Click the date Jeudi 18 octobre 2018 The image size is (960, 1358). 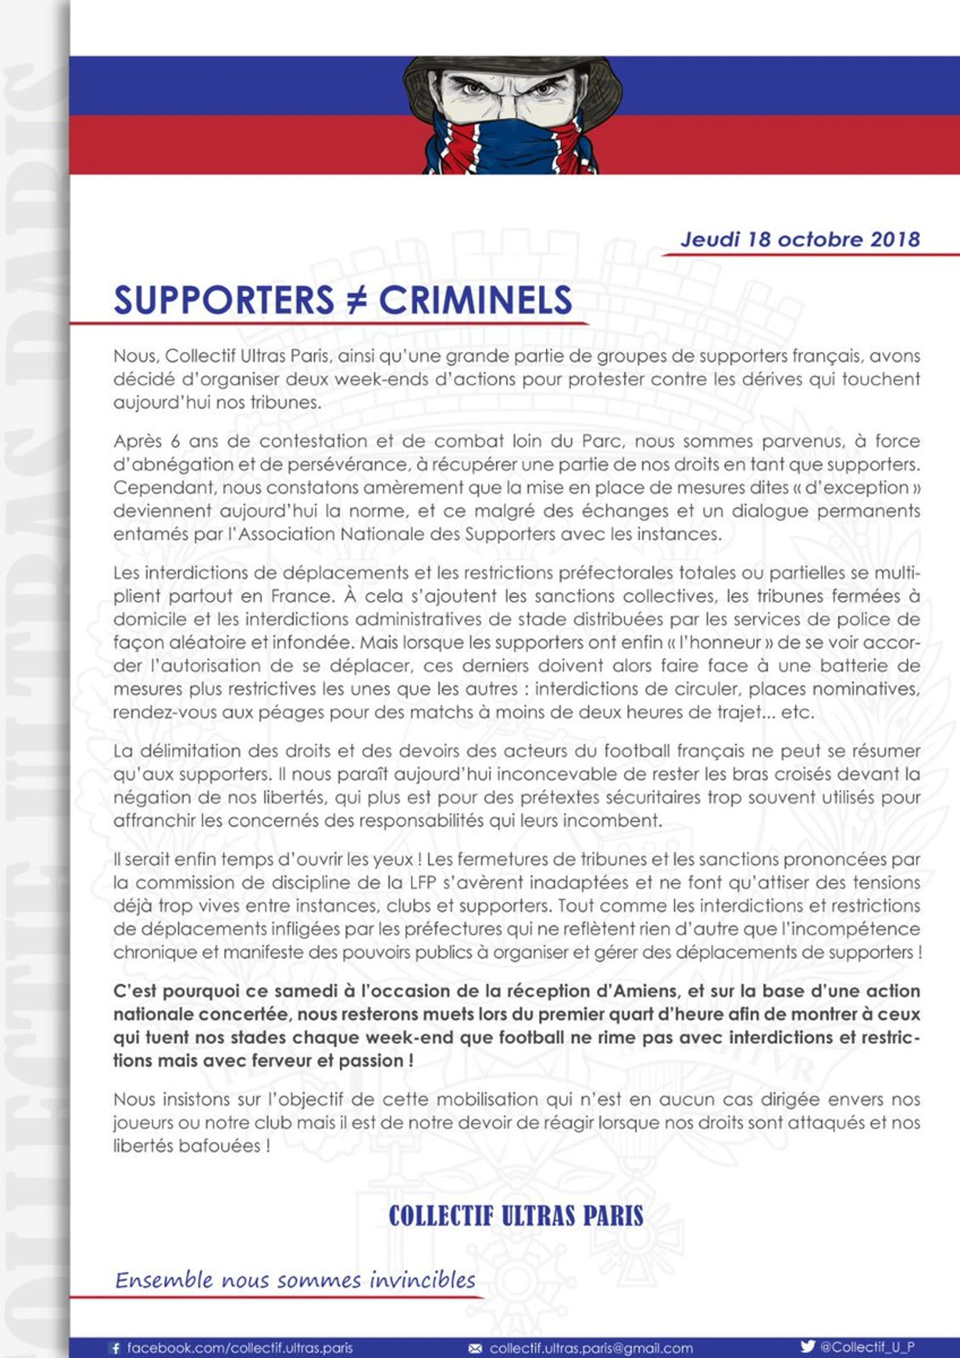pyautogui.click(x=800, y=239)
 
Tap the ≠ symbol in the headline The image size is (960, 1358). pyautogui.click(x=356, y=300)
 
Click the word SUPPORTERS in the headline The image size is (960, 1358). pyautogui.click(x=224, y=300)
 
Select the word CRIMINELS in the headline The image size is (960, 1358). pyautogui.click(x=475, y=300)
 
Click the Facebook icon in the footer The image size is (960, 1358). pyautogui.click(x=116, y=1348)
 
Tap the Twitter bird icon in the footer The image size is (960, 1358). pyautogui.click(x=808, y=1346)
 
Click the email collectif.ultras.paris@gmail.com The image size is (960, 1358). pyautogui.click(x=591, y=1348)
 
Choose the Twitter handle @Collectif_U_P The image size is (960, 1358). pyautogui.click(x=867, y=1347)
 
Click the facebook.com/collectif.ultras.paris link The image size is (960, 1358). pyautogui.click(x=239, y=1348)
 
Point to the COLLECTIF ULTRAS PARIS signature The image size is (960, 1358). pyautogui.click(x=516, y=1216)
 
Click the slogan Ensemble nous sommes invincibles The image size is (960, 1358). pyautogui.click(x=295, y=1280)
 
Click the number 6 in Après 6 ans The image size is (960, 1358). pyautogui.click(x=175, y=441)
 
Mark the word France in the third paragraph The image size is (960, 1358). pyautogui.click(x=295, y=596)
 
